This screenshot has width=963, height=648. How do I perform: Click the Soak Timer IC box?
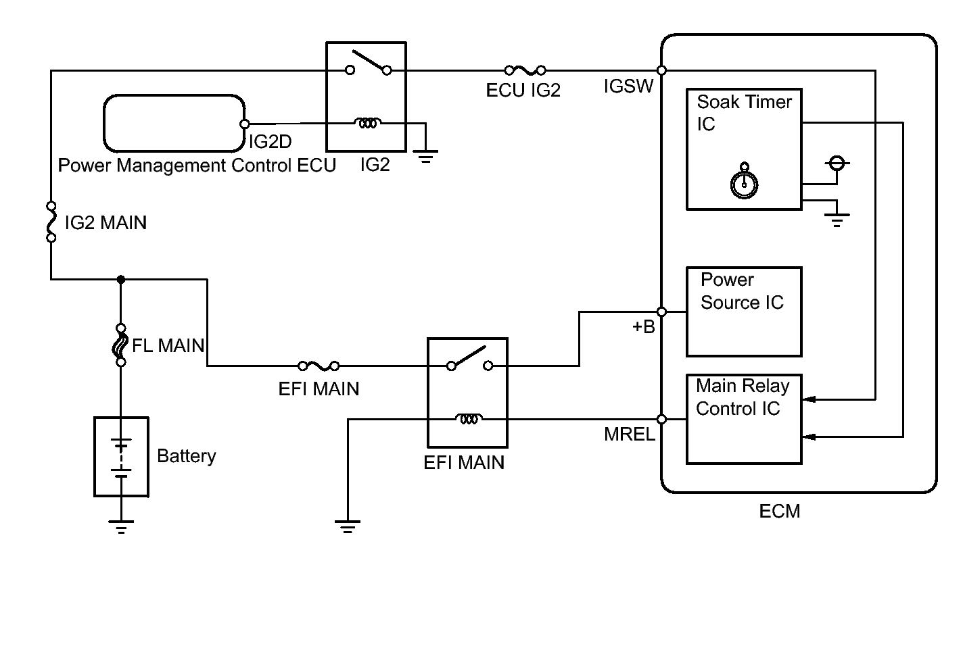[x=744, y=149]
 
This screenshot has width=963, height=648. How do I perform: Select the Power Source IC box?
[x=744, y=311]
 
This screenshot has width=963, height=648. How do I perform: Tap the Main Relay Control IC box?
[x=744, y=419]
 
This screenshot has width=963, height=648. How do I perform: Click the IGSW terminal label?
[x=628, y=86]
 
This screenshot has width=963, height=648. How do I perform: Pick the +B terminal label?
[x=643, y=327]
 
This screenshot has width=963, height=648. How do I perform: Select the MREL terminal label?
[x=629, y=434]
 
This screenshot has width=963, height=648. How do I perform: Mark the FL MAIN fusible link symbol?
[x=121, y=345]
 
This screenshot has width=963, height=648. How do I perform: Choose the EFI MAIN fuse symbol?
[x=319, y=366]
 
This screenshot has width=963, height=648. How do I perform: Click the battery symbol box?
[x=121, y=457]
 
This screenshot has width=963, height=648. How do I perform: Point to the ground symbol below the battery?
[x=121, y=525]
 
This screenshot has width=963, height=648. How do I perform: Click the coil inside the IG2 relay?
[x=367, y=123]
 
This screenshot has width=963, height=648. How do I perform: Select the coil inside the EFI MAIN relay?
[x=468, y=419]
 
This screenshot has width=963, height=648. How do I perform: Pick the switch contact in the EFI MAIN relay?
[x=469, y=359]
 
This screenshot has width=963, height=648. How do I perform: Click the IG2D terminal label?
[x=271, y=142]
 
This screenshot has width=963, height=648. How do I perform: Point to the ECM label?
[x=779, y=511]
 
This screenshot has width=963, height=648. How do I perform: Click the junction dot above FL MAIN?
[x=121, y=279]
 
